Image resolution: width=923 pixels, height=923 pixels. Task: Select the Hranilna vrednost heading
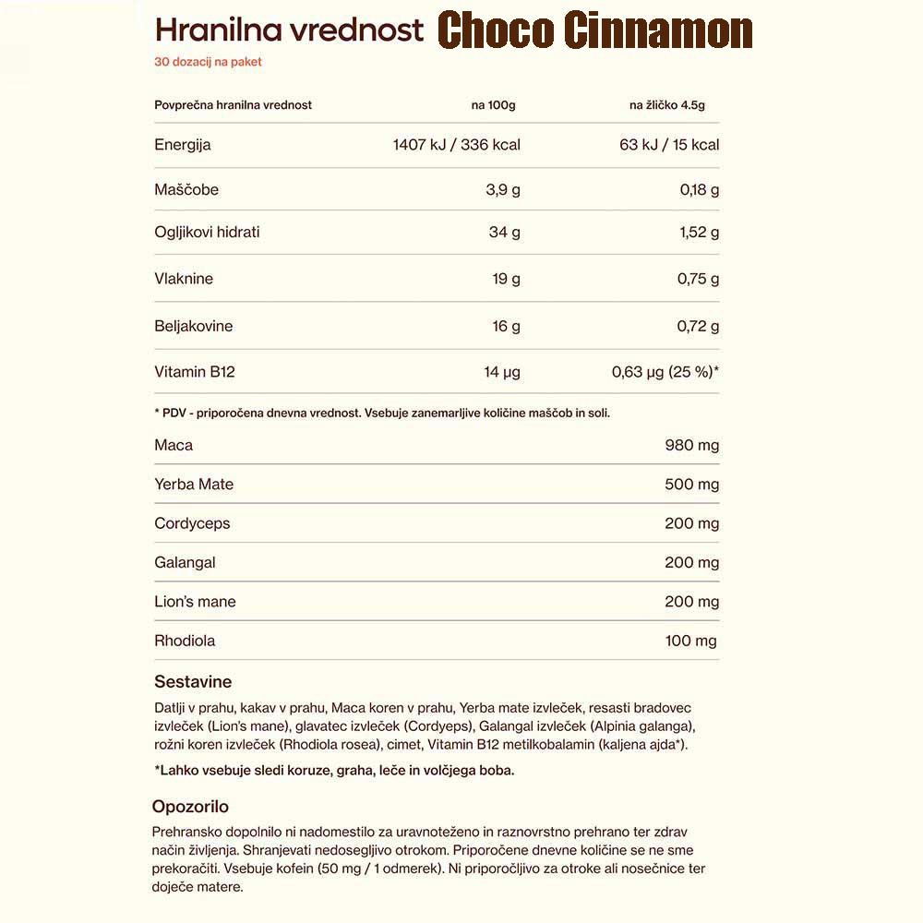tap(289, 30)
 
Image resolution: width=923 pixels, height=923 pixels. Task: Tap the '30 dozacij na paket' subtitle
tap(208, 63)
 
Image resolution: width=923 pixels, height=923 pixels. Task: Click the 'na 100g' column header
tap(493, 105)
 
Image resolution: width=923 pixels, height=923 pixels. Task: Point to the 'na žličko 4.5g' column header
tap(666, 105)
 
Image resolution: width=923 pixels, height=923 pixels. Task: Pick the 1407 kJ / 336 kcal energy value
tap(457, 145)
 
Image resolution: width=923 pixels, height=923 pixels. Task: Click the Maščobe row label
tap(186, 190)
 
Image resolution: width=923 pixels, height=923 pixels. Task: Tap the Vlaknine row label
tap(184, 279)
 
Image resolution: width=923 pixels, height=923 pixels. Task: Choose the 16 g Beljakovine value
tap(507, 327)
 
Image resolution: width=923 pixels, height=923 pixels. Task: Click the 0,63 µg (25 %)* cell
tap(665, 373)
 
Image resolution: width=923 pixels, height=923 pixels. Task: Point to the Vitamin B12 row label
tap(195, 373)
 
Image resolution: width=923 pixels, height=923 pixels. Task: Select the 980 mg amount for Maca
tap(691, 446)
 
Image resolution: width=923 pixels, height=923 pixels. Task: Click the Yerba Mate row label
tap(194, 485)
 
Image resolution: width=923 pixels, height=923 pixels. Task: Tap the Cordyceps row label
tap(192, 523)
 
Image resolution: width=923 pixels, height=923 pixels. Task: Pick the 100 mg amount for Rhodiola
tap(690, 641)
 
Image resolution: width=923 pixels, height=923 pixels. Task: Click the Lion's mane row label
tap(195, 602)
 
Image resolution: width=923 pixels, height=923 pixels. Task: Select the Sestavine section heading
tap(193, 682)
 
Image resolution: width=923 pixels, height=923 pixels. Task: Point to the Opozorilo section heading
tap(190, 807)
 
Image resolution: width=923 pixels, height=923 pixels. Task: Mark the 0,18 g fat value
tap(699, 190)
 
